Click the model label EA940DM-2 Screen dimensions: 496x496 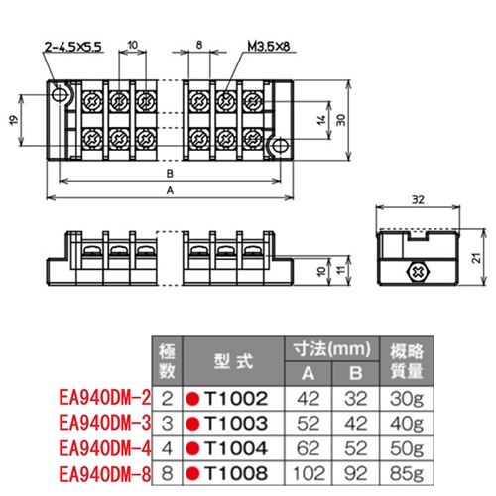pos(104,399)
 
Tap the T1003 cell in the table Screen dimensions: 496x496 pos(229,422)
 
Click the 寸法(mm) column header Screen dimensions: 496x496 pos(331,350)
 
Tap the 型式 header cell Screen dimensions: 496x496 pos(228,361)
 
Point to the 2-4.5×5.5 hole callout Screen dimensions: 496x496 pos(72,47)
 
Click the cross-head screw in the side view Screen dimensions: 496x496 pos(418,270)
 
